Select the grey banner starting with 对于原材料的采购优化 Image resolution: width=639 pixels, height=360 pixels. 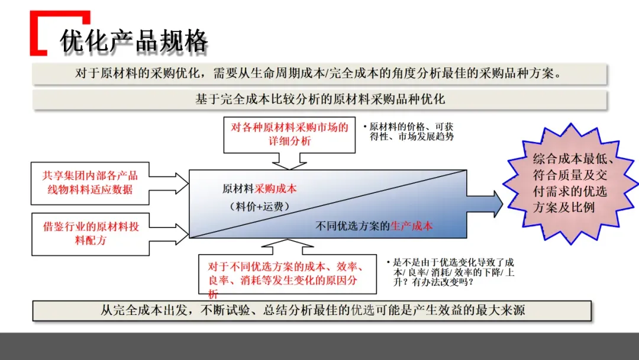click(x=319, y=73)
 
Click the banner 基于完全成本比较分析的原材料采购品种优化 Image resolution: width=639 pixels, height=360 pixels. click(x=319, y=99)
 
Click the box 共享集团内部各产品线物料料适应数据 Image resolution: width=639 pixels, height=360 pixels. click(x=90, y=183)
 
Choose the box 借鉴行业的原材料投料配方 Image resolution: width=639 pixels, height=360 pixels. click(x=90, y=233)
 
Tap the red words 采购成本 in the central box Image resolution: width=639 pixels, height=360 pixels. click(x=276, y=189)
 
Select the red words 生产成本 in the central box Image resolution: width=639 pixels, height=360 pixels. click(x=411, y=226)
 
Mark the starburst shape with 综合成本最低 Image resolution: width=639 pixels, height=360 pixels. click(x=570, y=183)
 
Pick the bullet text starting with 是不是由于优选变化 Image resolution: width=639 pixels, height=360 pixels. click(x=449, y=272)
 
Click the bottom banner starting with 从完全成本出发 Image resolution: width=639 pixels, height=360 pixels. click(x=312, y=310)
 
